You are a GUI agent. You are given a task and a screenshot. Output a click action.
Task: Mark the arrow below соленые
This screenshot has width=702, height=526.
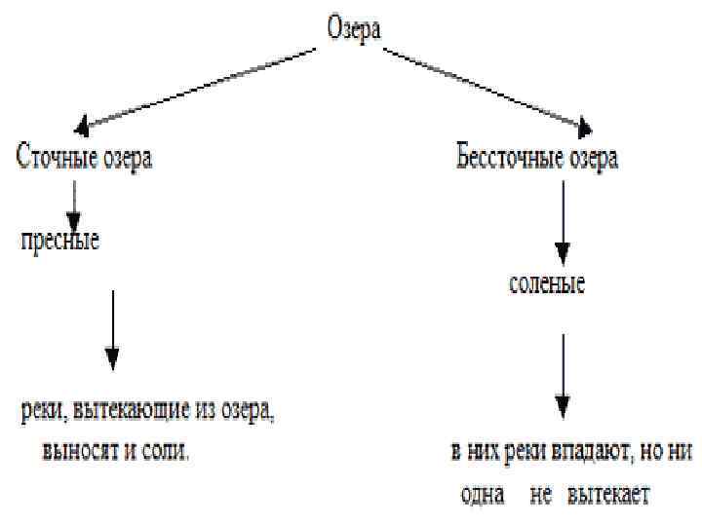point(563,375)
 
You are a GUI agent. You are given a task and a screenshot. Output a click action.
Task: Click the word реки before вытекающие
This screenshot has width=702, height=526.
point(42,413)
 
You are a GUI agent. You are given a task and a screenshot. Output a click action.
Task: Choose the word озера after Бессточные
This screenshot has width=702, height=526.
point(591,158)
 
